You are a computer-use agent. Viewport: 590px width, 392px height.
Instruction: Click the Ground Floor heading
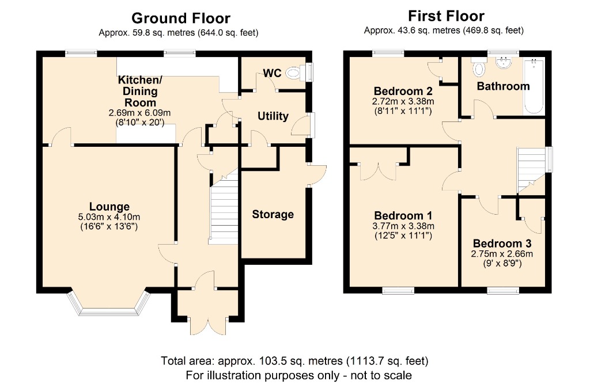(x=180, y=18)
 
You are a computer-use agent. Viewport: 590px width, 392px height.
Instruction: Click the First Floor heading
(x=447, y=16)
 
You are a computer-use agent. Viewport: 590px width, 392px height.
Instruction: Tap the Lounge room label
(x=109, y=206)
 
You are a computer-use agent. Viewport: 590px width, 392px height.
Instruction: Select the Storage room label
(x=273, y=214)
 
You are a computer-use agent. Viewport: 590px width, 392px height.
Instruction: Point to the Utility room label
(x=273, y=116)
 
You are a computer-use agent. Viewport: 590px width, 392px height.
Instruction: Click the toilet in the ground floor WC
(x=298, y=73)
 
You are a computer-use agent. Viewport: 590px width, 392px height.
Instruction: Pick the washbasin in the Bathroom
(x=503, y=63)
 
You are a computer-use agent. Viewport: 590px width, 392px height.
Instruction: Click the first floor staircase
(x=531, y=170)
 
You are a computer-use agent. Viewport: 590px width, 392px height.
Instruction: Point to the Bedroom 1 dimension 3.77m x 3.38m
(x=403, y=226)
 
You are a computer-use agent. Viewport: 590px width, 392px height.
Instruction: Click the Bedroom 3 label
(x=502, y=243)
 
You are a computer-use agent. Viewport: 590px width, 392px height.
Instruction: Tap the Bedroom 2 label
(x=403, y=91)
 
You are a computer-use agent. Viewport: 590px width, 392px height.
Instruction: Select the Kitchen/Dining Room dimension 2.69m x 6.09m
(x=139, y=112)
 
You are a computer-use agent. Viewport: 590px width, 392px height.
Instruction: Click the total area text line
(x=294, y=361)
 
